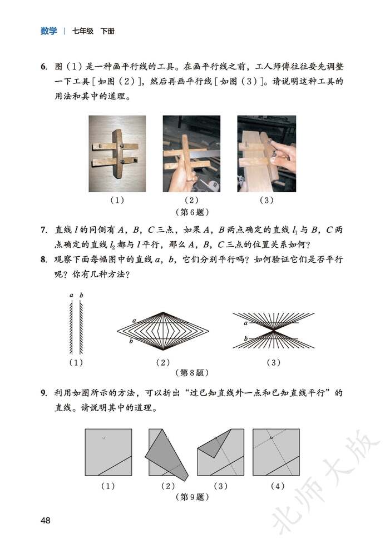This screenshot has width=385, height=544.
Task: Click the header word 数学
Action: tap(49, 31)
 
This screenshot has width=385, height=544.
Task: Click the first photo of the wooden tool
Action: tap(117, 154)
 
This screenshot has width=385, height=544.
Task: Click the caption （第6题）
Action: tap(192, 212)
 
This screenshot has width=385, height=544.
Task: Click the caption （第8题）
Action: tap(192, 372)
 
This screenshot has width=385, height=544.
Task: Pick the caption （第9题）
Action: tap(192, 496)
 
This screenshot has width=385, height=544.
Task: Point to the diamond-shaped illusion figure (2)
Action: tap(163, 330)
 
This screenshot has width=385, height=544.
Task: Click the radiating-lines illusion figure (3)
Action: tap(273, 330)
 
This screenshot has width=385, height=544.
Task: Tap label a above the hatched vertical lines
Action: tap(71, 295)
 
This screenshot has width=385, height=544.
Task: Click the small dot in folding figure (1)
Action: tap(103, 438)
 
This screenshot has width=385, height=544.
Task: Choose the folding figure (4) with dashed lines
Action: tap(276, 452)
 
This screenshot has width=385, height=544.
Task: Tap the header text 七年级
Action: tap(83, 31)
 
